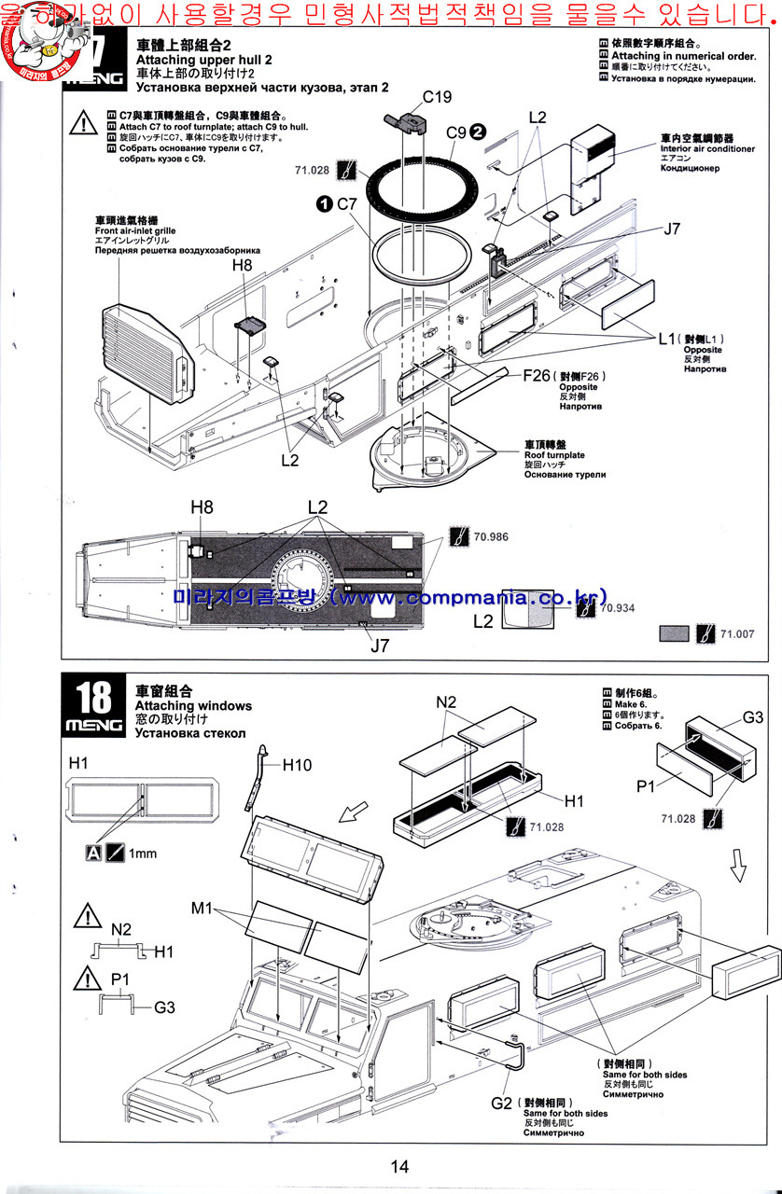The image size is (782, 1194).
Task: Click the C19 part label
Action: tap(437, 96)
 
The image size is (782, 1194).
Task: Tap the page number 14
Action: tap(399, 1166)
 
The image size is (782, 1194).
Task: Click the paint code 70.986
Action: tap(491, 536)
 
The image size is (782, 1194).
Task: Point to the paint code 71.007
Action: tap(734, 633)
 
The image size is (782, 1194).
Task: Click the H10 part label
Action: tap(296, 764)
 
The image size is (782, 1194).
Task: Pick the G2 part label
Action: tap(501, 1103)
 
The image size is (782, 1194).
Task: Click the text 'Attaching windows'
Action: tap(187, 706)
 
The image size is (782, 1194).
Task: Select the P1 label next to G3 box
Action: tap(648, 786)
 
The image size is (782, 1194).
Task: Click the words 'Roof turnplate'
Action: tap(554, 454)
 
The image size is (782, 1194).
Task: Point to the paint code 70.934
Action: tap(619, 607)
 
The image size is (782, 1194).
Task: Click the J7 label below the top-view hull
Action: tap(379, 644)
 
